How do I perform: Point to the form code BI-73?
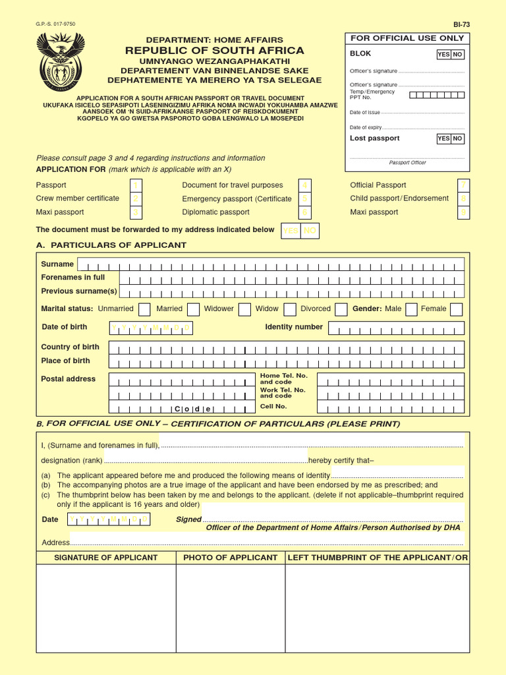coord(461,24)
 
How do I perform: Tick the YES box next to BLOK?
coord(443,55)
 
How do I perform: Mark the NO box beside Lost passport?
coord(457,139)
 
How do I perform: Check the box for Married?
coord(193,309)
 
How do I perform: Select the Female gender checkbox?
coord(456,309)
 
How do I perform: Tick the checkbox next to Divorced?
coord(341,309)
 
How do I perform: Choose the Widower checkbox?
coord(244,309)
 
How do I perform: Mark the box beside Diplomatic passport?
coord(304,212)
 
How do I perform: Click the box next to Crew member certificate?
coord(135,198)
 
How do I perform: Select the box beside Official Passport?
coord(464,185)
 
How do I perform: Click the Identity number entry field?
coord(396,328)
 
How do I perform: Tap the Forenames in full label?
coord(73,278)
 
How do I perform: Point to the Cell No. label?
coord(273,407)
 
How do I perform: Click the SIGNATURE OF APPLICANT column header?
coord(105,558)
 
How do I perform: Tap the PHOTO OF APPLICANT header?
coord(230,558)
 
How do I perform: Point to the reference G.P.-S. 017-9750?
coord(55,24)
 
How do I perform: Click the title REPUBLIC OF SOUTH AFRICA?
coord(215,51)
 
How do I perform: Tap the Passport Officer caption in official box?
coord(407,163)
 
